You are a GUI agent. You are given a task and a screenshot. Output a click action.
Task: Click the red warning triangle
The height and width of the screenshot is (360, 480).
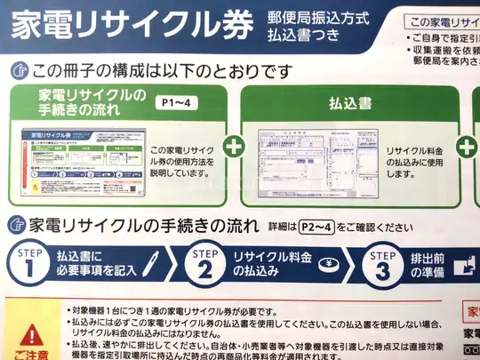pos(33,335)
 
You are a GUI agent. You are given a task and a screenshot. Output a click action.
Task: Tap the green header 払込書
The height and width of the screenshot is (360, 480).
pos(348,103)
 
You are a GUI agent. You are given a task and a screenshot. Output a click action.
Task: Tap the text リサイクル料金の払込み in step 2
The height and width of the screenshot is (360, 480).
pos(268,264)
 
